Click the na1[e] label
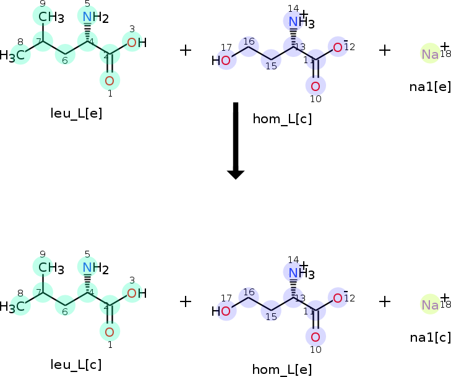click(430, 86)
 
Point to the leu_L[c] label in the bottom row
click(76, 365)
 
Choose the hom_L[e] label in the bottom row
click(282, 370)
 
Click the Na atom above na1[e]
click(430, 54)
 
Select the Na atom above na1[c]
click(430, 305)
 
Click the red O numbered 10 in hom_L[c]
click(316, 85)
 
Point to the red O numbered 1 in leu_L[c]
click(110, 331)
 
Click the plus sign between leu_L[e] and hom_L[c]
click(186, 50)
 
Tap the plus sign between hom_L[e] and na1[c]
click(385, 301)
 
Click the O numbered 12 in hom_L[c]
click(338, 48)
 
